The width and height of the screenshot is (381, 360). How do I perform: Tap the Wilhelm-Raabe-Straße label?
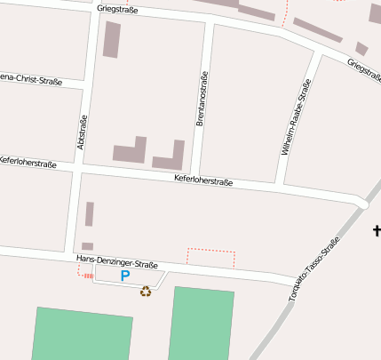click(x=297, y=117)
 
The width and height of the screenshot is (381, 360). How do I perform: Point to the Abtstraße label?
click(x=82, y=132)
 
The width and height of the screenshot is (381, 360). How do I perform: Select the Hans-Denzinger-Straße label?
click(x=117, y=261)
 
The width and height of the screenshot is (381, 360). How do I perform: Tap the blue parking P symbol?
click(x=125, y=276)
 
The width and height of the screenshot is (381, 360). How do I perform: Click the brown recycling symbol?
click(x=146, y=291)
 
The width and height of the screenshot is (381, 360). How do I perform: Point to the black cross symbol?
click(x=377, y=231)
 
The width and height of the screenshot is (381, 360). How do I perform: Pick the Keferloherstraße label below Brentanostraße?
click(x=203, y=182)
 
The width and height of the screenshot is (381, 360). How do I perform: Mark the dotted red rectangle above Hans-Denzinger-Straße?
click(x=211, y=258)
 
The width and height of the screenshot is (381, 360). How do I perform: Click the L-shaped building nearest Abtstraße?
click(x=130, y=150)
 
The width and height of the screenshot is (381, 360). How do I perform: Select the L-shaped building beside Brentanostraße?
click(x=170, y=156)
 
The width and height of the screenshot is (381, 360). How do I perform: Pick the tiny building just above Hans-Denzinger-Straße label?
click(x=87, y=246)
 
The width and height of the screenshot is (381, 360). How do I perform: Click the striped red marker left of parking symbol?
click(x=88, y=276)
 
